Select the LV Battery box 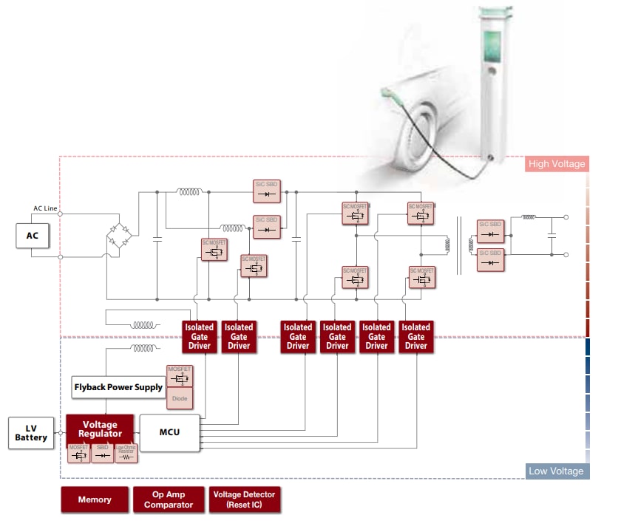(32, 432)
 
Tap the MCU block (170, 432)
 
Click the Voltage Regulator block (100, 429)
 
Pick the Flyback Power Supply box (118, 387)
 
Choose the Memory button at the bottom (95, 499)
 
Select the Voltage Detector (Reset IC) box (243, 499)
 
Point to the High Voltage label (556, 164)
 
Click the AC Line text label (45, 208)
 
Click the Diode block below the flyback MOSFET (180, 399)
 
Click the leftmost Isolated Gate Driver (200, 336)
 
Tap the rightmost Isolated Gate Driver (415, 336)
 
